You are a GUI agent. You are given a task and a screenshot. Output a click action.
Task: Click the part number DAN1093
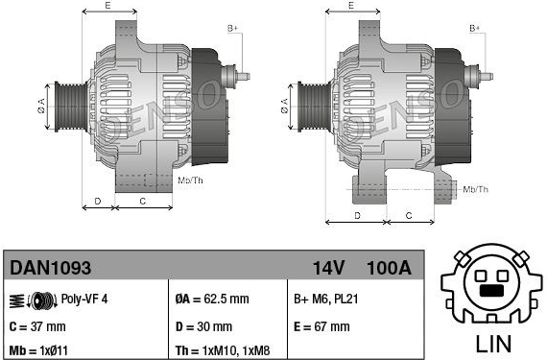click(x=50, y=268)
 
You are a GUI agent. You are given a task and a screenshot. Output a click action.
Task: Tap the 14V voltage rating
click(x=328, y=268)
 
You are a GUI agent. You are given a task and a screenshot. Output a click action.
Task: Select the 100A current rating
click(x=389, y=268)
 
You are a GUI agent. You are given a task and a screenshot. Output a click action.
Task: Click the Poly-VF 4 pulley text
click(x=84, y=299)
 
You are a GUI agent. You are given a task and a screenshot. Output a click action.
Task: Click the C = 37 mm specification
click(x=37, y=326)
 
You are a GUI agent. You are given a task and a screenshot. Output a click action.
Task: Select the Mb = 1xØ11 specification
click(x=38, y=350)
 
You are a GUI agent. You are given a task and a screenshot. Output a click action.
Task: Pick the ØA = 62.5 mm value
click(x=212, y=299)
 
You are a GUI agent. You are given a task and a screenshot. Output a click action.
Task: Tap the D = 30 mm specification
click(x=203, y=326)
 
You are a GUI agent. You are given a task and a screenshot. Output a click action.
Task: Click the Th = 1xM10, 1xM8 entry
click(x=223, y=350)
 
